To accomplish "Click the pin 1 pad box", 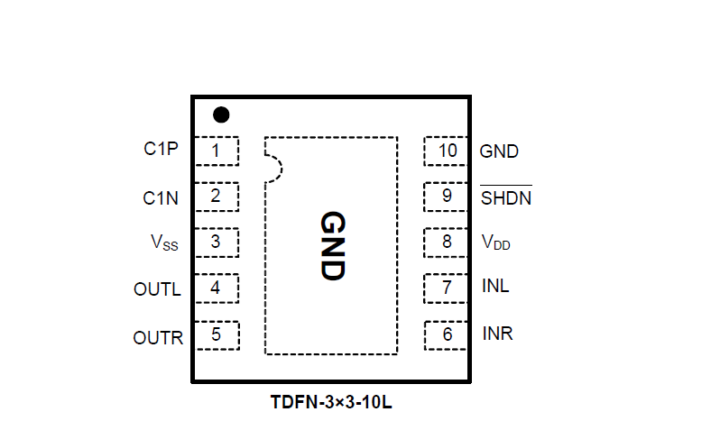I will point(216,151).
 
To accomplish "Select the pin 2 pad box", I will point(216,196).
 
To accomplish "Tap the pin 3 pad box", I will point(216,242).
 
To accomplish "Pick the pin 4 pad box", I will point(216,288).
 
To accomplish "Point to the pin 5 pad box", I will point(216,335).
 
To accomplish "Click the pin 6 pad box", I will point(447,335).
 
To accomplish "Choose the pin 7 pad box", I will point(447,288).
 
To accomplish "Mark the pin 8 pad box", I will point(447,242).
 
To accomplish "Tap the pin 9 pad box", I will point(447,196).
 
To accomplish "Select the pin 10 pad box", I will point(447,151).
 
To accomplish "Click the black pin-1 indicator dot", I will point(221,114).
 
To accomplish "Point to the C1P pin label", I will point(162,151).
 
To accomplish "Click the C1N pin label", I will point(162,197).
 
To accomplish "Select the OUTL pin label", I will point(157,290).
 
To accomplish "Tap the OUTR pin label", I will point(158,339).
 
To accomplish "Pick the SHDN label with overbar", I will point(505,197).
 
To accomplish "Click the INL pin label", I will point(495,287).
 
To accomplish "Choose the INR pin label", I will point(498,334).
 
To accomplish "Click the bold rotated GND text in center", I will point(332,246).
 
